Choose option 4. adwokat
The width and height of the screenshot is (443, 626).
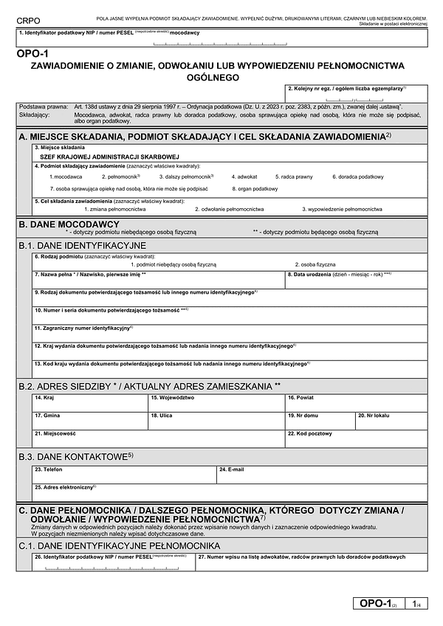pos(244,177)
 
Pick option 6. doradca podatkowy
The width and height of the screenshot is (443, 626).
pos(357,177)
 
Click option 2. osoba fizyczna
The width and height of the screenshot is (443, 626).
pos(315,264)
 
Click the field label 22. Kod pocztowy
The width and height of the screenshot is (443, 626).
pos(311,433)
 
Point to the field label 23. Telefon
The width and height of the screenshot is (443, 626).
pos(48,469)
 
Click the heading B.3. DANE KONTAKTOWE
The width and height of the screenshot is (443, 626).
pos(75,456)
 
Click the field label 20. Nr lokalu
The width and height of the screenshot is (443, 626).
pos(374,416)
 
